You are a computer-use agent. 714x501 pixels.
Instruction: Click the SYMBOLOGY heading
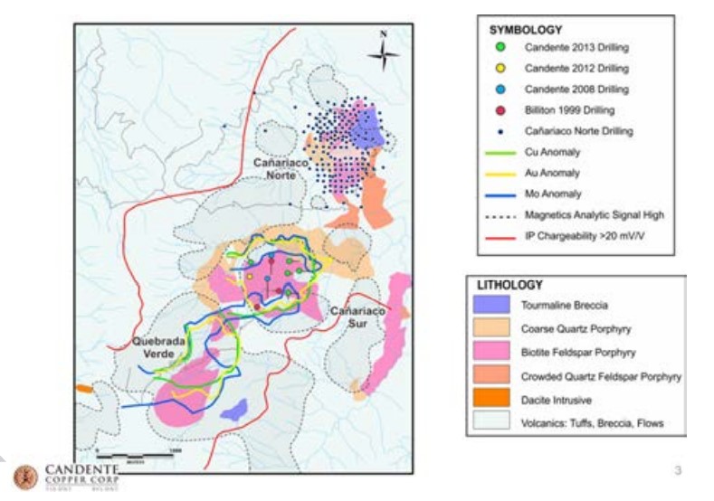519,28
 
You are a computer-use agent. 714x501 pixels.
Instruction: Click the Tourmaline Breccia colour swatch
492,306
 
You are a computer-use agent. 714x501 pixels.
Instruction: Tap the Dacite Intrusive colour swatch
492,396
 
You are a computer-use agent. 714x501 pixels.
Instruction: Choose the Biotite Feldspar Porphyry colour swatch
492,351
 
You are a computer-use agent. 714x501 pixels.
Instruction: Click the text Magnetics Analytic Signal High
593,214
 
